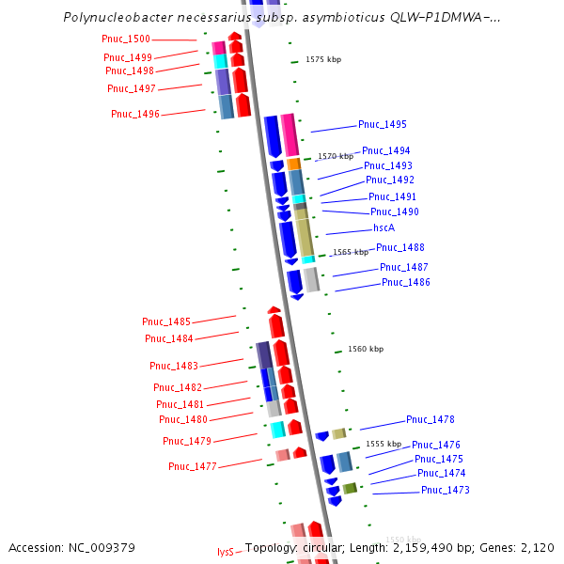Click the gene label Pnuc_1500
click(x=126, y=39)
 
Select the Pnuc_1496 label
click(x=135, y=115)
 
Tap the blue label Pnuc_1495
click(x=383, y=125)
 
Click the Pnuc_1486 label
click(x=406, y=283)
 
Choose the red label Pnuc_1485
click(x=166, y=322)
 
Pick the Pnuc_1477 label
click(x=193, y=467)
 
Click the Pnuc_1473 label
click(x=446, y=491)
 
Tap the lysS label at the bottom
click(x=225, y=552)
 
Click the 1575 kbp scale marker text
click(x=323, y=59)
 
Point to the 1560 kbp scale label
click(x=366, y=350)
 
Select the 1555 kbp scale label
click(x=384, y=444)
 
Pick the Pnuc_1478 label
click(x=431, y=420)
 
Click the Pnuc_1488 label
click(x=400, y=248)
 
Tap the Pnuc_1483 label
click(x=174, y=367)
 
